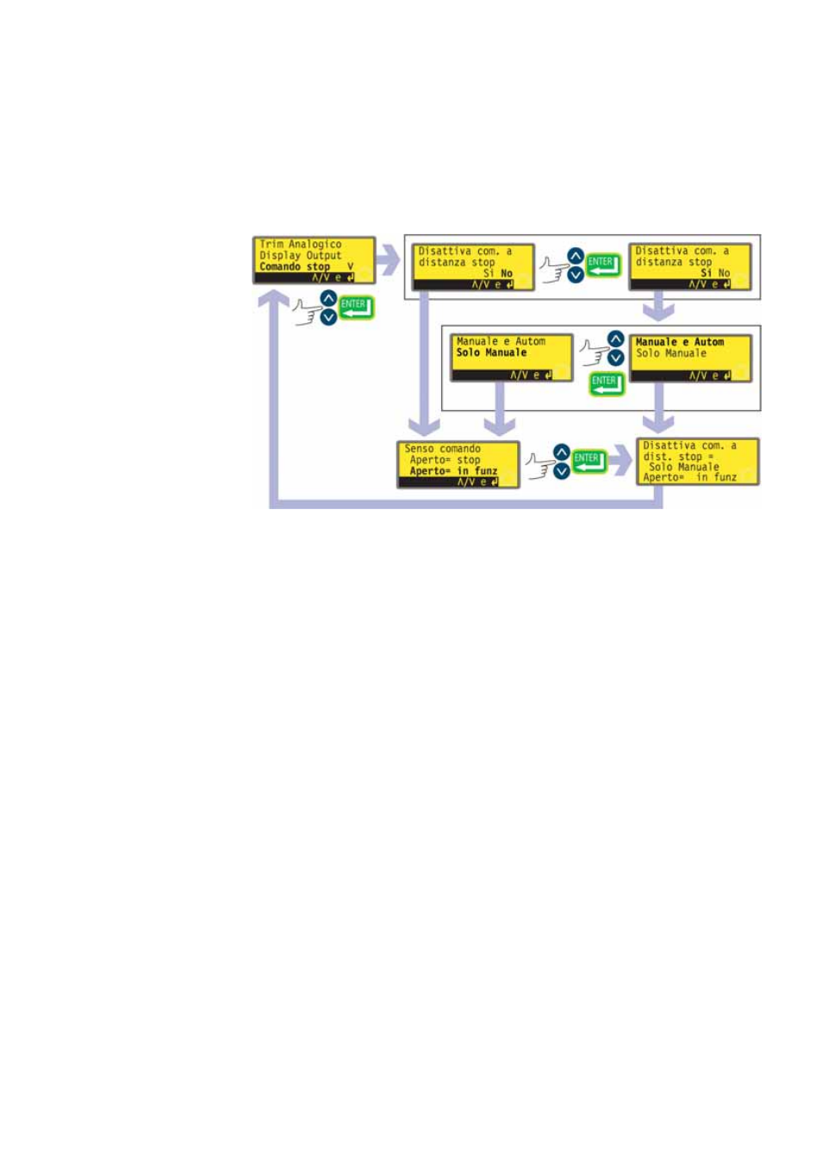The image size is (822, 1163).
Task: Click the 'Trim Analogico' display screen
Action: click(314, 260)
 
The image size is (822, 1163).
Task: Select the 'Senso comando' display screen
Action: click(458, 464)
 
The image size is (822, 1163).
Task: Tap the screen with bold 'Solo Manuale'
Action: click(511, 358)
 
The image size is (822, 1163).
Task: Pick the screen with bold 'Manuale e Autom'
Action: click(690, 358)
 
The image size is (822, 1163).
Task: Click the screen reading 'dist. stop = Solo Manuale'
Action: click(697, 462)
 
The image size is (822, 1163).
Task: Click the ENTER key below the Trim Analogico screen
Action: click(356, 308)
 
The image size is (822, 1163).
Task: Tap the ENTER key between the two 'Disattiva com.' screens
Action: click(603, 265)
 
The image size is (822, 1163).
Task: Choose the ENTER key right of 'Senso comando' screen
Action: click(589, 462)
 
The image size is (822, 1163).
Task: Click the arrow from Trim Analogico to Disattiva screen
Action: click(389, 260)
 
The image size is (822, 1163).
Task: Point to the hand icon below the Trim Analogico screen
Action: click(306, 311)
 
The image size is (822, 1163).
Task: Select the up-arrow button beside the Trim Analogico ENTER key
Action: click(328, 299)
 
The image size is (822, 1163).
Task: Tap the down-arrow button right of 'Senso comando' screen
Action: click(562, 471)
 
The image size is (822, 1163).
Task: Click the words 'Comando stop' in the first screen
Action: click(295, 267)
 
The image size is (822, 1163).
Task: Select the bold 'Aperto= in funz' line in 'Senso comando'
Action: click(453, 471)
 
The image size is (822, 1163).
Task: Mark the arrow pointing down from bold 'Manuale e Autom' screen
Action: click(659, 410)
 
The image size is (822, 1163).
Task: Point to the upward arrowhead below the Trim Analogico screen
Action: click(274, 300)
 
